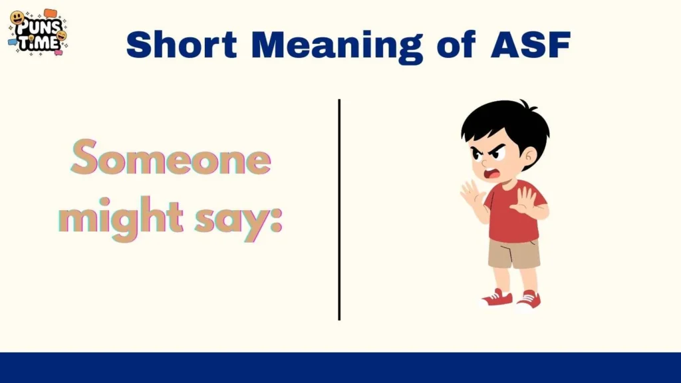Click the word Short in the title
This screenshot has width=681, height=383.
[x=181, y=45]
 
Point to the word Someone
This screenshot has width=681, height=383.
[x=172, y=159]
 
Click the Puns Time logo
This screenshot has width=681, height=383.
[x=37, y=32]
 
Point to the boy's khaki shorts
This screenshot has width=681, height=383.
[x=514, y=253]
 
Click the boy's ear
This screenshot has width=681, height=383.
[x=529, y=157]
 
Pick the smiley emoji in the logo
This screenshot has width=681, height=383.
[x=18, y=18]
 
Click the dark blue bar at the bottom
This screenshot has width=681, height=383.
[x=340, y=368]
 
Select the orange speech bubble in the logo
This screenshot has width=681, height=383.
[x=51, y=13]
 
